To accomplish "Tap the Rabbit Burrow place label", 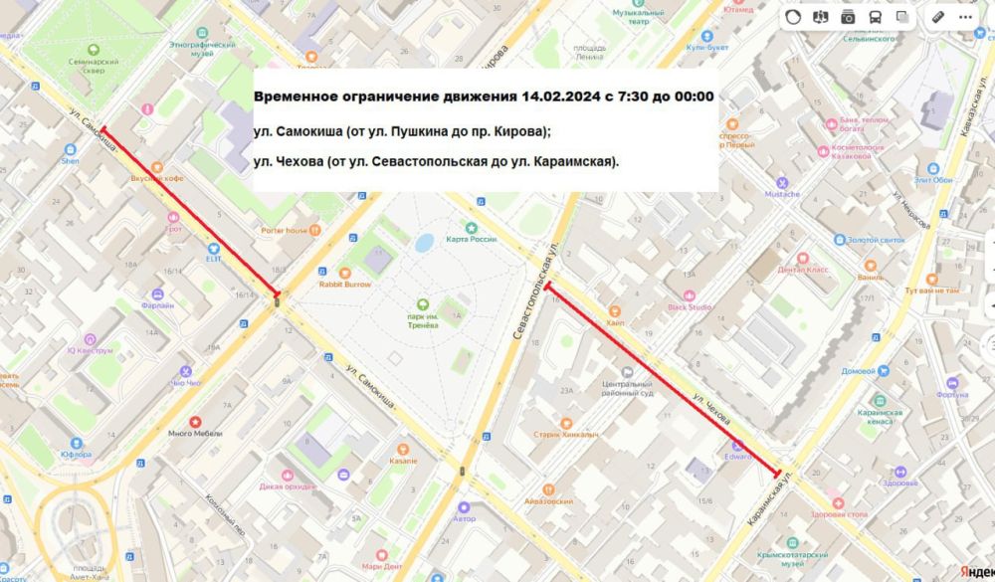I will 344,284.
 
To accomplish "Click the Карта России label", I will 471,239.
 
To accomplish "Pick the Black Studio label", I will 690,306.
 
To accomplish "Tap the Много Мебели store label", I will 195,433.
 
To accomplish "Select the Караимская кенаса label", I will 878,416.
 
